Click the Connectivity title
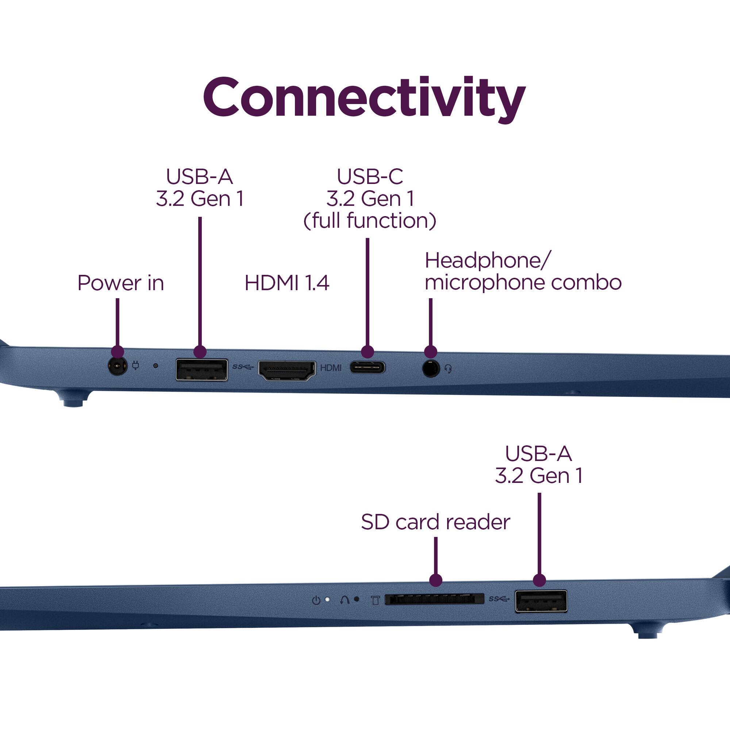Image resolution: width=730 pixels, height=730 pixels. (364, 97)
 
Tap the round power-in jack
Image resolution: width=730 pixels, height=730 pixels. (117, 366)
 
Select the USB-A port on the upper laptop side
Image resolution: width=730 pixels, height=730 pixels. (202, 369)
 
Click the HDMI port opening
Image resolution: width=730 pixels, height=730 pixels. (287, 370)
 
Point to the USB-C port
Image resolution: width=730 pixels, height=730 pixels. (367, 367)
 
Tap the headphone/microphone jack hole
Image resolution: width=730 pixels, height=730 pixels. (430, 368)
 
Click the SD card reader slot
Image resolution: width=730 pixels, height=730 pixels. (434, 599)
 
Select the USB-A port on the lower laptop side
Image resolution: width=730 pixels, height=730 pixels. (541, 601)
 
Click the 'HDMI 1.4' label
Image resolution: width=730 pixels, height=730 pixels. (287, 283)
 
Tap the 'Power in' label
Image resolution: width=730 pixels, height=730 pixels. (120, 283)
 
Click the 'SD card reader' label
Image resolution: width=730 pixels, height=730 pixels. (435, 522)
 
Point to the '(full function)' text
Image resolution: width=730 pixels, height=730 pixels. (369, 221)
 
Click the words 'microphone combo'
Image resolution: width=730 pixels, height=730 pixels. (523, 283)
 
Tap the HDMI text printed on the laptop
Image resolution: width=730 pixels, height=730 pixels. (331, 368)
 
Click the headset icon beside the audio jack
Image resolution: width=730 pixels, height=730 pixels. (449, 369)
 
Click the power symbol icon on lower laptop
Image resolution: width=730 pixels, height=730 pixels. (316, 600)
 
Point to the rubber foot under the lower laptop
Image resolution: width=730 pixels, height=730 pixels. (646, 631)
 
